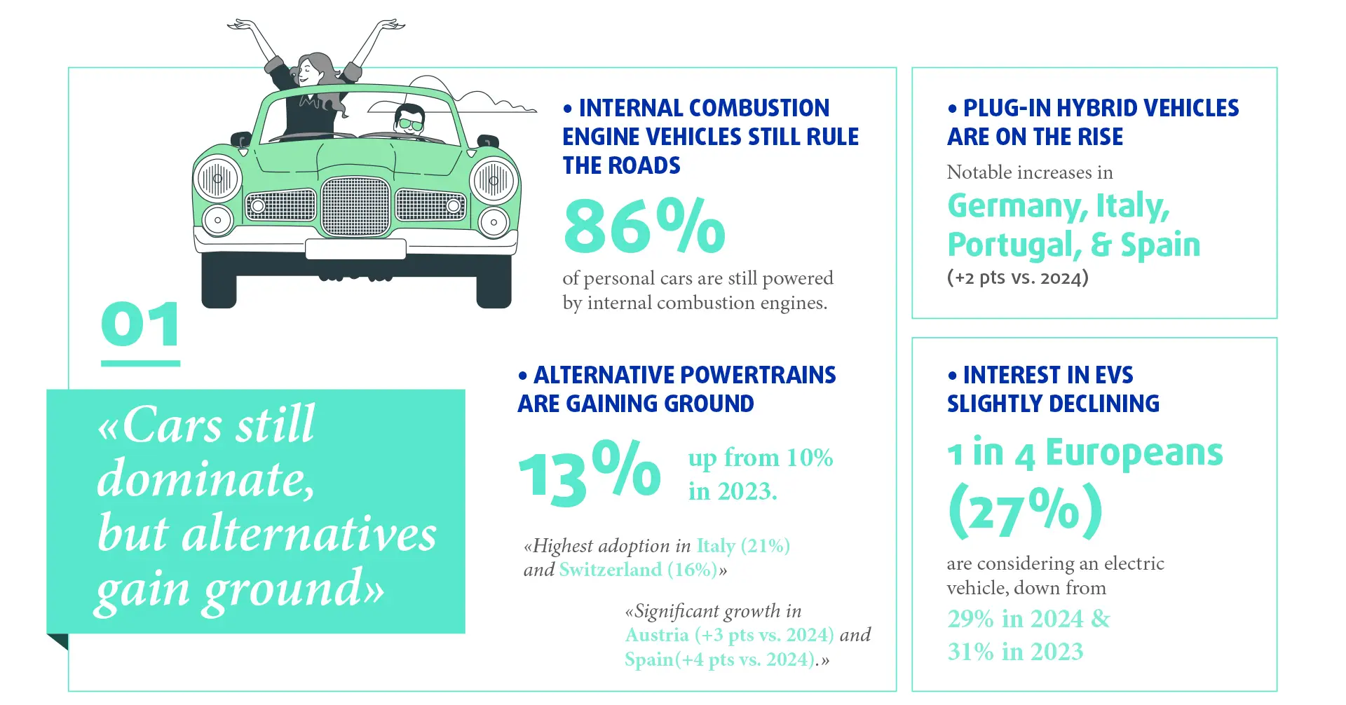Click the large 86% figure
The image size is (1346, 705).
click(x=644, y=226)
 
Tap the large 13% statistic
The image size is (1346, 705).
click(x=589, y=474)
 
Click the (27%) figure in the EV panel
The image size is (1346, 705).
click(x=1025, y=511)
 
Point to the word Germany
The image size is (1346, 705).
click(x=1017, y=206)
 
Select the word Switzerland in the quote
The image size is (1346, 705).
click(x=610, y=570)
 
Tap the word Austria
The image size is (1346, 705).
click(x=657, y=635)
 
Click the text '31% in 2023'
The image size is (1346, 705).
click(x=1015, y=652)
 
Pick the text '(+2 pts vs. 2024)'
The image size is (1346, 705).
click(x=1017, y=278)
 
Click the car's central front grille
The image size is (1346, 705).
click(x=355, y=206)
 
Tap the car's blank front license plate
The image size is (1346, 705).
click(x=355, y=249)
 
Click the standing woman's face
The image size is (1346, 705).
click(x=308, y=71)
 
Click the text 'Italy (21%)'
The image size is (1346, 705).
click(x=742, y=546)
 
